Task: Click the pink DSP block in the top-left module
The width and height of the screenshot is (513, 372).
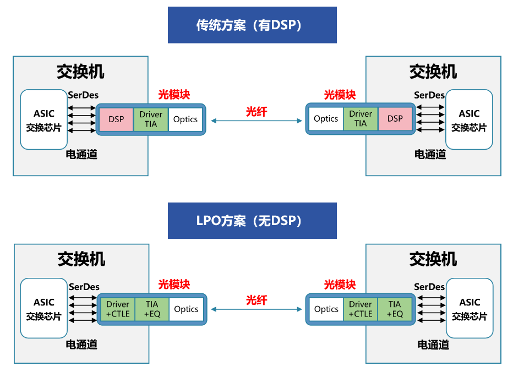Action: click(x=116, y=119)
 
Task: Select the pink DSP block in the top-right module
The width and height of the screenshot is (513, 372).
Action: click(x=395, y=119)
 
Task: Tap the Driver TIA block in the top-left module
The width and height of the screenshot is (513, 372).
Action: click(x=151, y=119)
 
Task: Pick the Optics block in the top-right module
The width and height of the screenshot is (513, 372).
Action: click(x=326, y=119)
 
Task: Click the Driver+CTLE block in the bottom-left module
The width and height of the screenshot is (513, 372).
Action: click(x=118, y=309)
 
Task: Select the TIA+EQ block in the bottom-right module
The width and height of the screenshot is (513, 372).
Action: click(x=395, y=309)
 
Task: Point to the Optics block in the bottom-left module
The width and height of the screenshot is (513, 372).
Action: click(x=186, y=309)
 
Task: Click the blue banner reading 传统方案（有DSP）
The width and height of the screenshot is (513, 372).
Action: click(x=252, y=25)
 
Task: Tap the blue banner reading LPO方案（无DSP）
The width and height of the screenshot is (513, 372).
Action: click(x=252, y=221)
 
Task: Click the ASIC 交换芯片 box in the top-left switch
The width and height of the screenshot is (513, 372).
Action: click(x=44, y=119)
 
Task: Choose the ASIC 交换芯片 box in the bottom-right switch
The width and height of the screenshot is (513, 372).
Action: click(x=470, y=308)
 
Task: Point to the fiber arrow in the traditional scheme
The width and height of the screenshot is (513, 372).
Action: click(x=256, y=121)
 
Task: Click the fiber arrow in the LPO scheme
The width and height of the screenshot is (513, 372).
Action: click(x=256, y=309)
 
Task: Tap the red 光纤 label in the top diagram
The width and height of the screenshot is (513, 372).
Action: click(x=256, y=112)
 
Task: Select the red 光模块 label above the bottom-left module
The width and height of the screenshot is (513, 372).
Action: click(x=174, y=285)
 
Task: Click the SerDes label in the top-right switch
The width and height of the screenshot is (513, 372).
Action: click(x=429, y=95)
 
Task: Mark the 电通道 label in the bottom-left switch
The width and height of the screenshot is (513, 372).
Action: click(x=81, y=344)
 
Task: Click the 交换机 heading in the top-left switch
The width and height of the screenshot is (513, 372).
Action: click(x=80, y=72)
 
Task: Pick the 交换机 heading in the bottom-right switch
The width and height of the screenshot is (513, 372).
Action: click(x=433, y=259)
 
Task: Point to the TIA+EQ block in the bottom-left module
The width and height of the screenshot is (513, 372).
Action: click(x=152, y=309)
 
